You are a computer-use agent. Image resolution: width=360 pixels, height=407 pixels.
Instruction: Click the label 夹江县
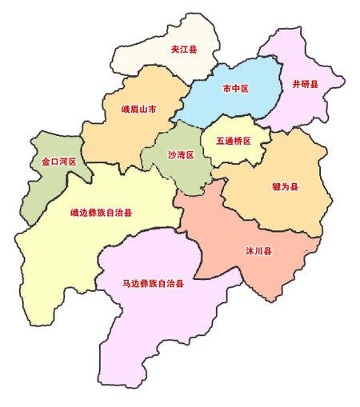(184, 50)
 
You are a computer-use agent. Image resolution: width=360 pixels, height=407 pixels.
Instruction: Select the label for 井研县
(305, 83)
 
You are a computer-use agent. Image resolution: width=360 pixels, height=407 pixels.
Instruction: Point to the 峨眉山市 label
(138, 107)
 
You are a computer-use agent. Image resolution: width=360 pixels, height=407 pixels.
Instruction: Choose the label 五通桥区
(232, 141)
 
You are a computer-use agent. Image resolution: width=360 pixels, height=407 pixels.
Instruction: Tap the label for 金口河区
(58, 162)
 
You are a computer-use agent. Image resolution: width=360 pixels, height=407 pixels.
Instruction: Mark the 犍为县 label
(285, 187)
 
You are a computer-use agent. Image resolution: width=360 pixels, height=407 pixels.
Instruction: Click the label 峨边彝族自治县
(101, 213)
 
